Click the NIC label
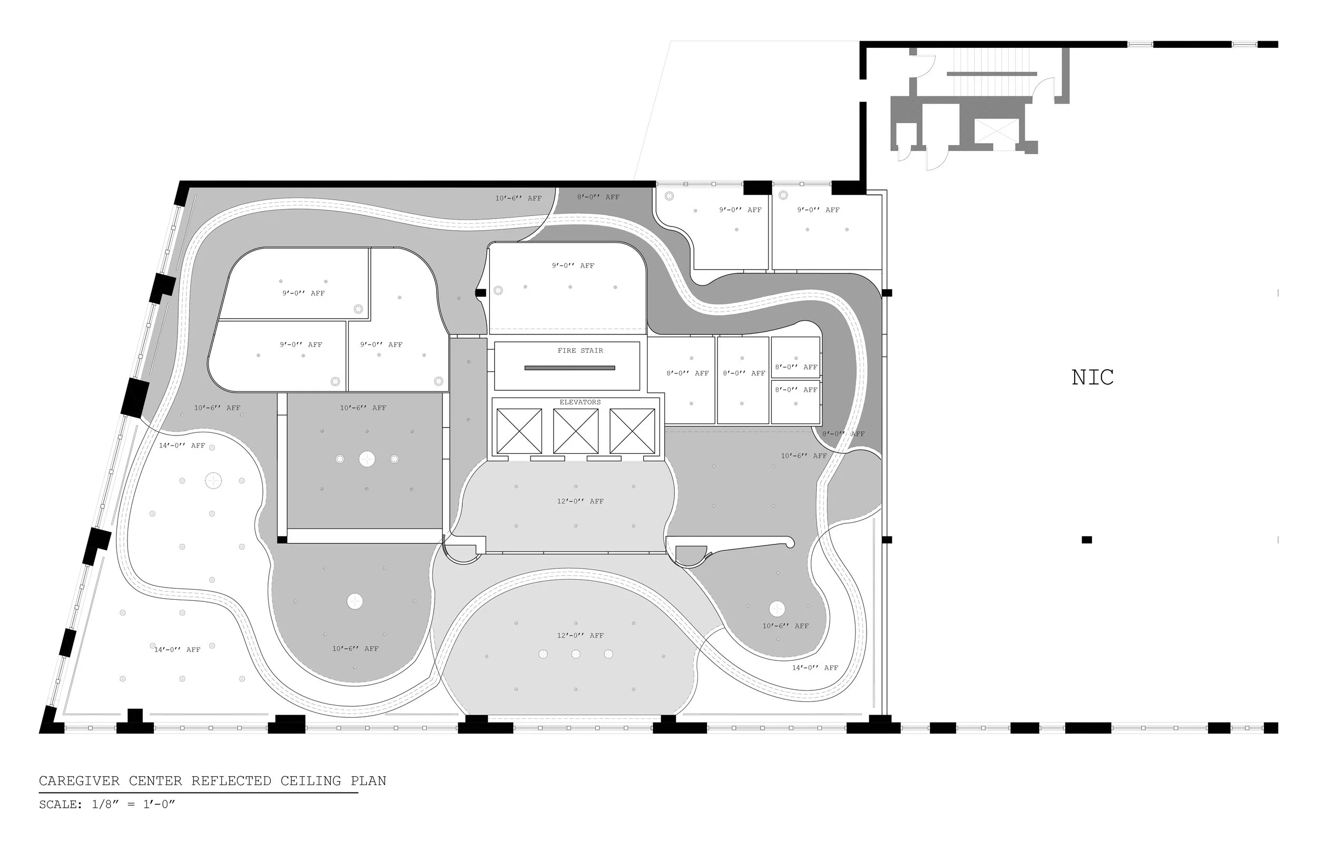pos(1093,378)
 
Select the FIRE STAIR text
pos(581,351)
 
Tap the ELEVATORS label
pos(580,402)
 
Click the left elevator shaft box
pos(519,431)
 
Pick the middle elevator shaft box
pos(575,431)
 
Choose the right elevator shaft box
pos(632,431)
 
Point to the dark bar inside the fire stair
pos(569,368)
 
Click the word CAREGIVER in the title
pos(79,781)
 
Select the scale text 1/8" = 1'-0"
pos(133,805)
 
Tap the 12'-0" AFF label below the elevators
pos(580,501)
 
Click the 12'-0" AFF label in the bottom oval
pos(580,636)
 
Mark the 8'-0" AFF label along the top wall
pos(598,197)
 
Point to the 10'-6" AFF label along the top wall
pos(518,198)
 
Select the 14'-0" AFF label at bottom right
pos(815,668)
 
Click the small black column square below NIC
pos(1087,539)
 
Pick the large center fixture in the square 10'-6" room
pos(367,459)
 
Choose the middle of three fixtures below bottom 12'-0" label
pos(576,654)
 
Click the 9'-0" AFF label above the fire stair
pos(573,265)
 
